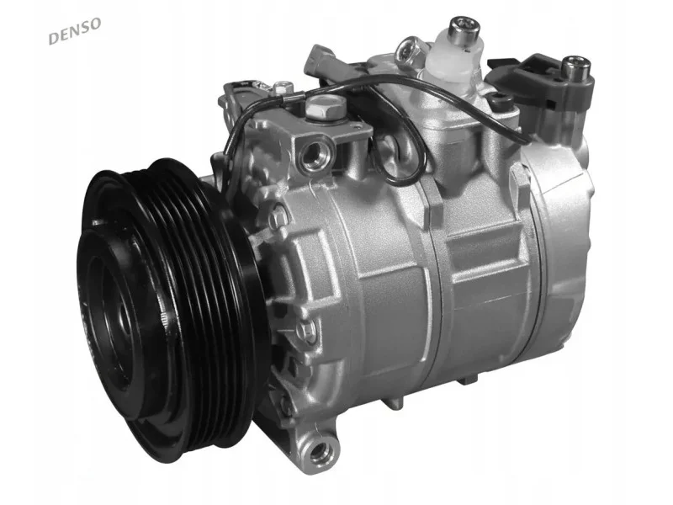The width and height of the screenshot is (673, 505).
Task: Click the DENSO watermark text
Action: [75, 30]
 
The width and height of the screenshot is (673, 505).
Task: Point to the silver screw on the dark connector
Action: [576, 67]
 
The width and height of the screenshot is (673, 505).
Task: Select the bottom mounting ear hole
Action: [319, 450]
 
